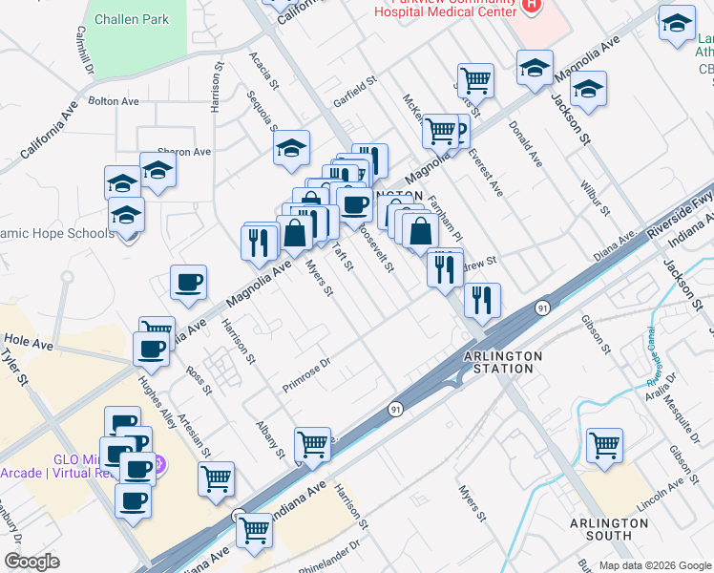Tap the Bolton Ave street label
click(114, 100)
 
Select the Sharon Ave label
click(183, 152)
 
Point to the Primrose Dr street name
click(305, 374)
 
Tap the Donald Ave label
click(526, 144)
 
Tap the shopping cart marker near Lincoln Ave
click(604, 444)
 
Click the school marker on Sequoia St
click(292, 148)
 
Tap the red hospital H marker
click(532, 6)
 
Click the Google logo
click(31, 562)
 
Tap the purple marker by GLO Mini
click(158, 465)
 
